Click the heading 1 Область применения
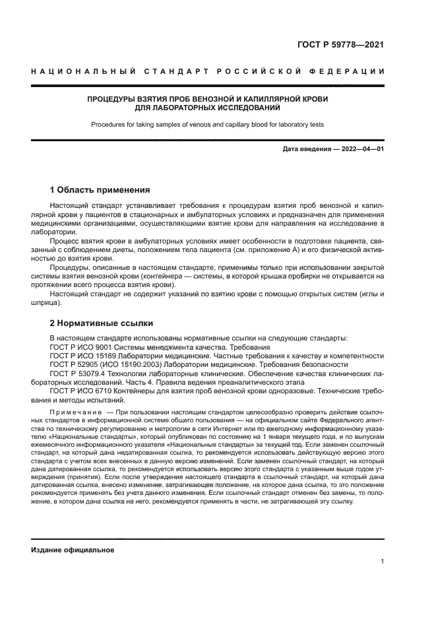[x=100, y=190]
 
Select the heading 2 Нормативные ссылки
[x=102, y=323]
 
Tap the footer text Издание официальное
[x=73, y=550]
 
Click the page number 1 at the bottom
[x=382, y=562]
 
